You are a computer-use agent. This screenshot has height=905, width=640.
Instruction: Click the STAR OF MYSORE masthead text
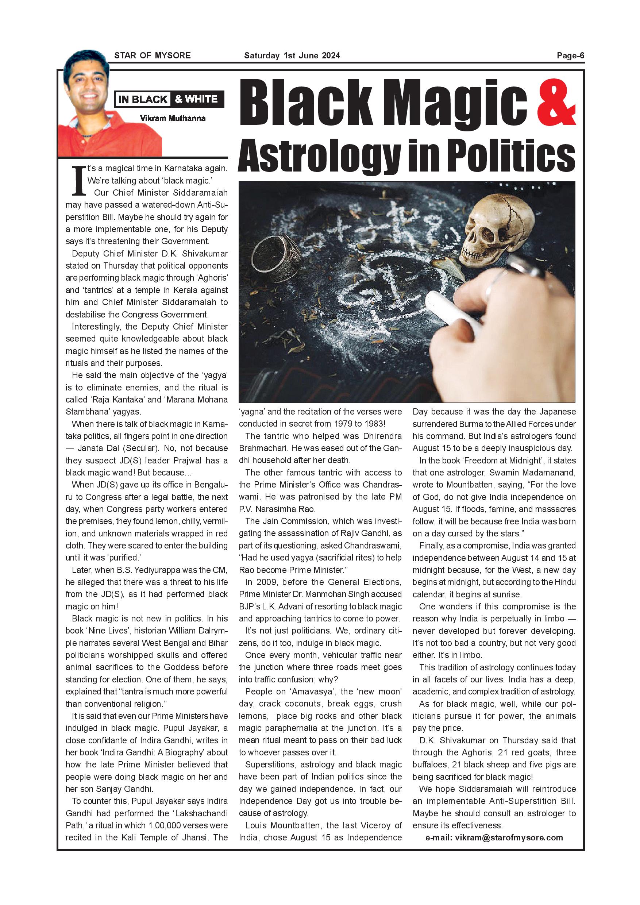click(x=153, y=55)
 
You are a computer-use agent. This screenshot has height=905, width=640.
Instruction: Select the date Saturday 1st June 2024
click(x=292, y=55)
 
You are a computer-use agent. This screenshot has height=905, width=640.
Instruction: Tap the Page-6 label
click(x=570, y=55)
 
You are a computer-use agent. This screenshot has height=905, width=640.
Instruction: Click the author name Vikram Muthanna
click(x=173, y=118)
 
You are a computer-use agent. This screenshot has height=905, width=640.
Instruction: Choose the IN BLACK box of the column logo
click(x=143, y=99)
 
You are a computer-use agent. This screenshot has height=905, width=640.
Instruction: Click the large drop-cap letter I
click(x=79, y=181)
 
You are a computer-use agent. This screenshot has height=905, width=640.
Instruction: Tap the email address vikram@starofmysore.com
click(x=509, y=837)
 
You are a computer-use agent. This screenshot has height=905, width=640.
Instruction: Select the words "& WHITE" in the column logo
click(x=196, y=99)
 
